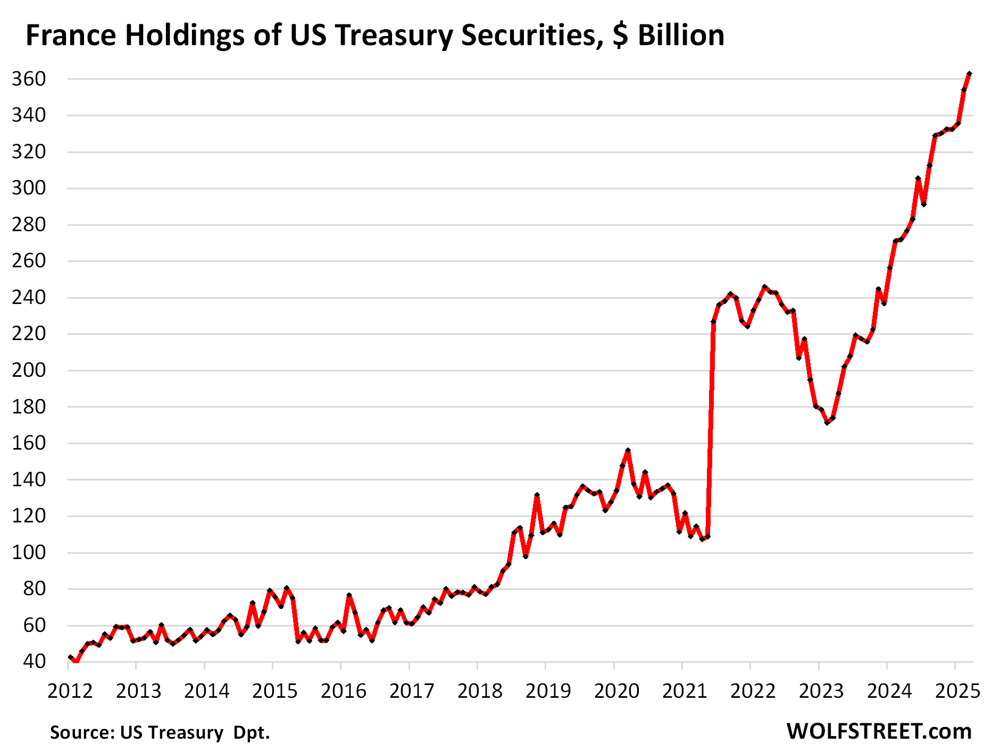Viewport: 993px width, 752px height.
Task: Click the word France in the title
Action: tap(71, 36)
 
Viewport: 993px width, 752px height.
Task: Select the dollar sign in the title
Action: tap(620, 36)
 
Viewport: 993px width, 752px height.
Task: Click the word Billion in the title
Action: tap(681, 36)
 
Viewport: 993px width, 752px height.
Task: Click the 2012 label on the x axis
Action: tap(70, 691)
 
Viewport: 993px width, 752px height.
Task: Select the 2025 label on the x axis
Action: tap(957, 691)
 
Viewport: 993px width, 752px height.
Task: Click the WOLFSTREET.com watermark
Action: tap(879, 732)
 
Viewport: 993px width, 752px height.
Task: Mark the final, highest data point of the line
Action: tap(969, 74)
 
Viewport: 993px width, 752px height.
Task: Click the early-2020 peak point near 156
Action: tap(628, 451)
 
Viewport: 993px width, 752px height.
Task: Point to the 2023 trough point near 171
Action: tap(827, 423)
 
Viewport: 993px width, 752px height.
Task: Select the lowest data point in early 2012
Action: tap(76, 662)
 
